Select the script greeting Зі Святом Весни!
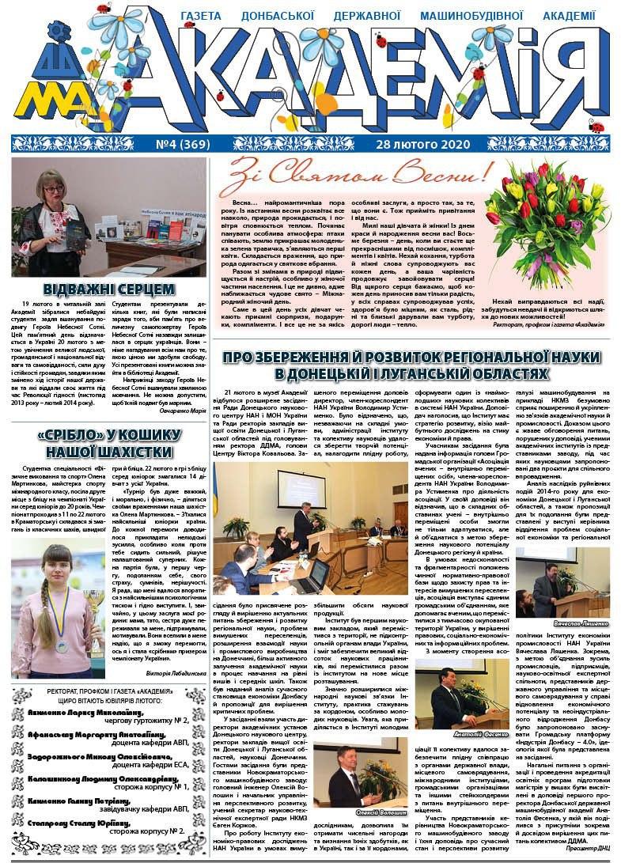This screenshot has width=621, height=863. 358,172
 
